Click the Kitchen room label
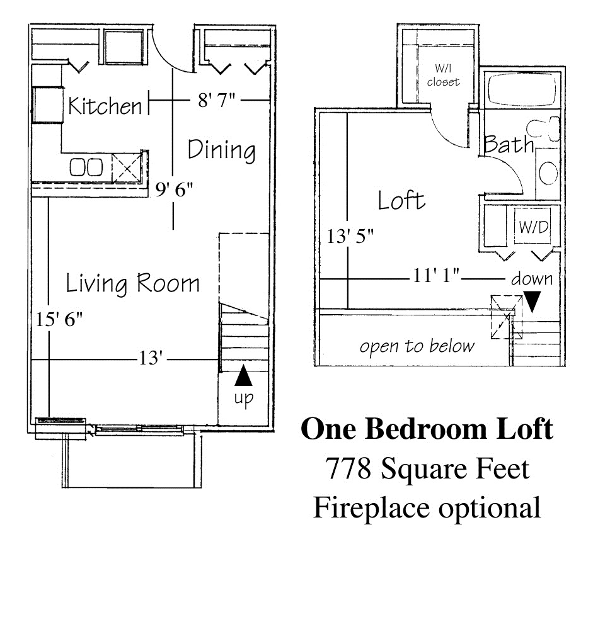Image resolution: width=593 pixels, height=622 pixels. click(105, 106)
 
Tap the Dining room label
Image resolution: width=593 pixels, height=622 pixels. click(222, 150)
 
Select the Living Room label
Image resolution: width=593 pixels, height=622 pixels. click(133, 283)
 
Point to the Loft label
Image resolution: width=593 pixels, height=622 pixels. click(401, 200)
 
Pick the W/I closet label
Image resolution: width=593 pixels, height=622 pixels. click(443, 76)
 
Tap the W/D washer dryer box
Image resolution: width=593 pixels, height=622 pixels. click(533, 226)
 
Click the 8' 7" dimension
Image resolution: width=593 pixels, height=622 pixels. click(216, 100)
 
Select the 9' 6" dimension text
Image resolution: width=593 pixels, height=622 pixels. click(174, 189)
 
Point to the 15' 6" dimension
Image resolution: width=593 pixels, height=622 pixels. click(59, 319)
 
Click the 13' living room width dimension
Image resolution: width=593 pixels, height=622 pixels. click(151, 358)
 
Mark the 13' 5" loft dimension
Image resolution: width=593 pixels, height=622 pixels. click(350, 237)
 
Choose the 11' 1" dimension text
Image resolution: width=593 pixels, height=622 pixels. click(436, 275)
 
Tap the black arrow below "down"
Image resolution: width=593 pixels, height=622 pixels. click(532, 302)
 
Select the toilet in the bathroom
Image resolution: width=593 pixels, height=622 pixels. click(544, 129)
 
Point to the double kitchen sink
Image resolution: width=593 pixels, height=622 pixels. click(86, 167)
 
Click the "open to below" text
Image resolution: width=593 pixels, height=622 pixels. click(417, 346)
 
